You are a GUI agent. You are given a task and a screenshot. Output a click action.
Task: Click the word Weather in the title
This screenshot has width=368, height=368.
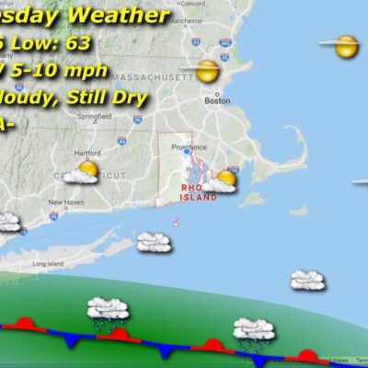click(128, 16)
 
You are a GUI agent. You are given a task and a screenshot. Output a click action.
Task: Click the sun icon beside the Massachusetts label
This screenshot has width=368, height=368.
click(207, 70)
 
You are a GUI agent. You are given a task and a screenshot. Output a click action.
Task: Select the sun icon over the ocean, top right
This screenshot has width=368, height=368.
click(345, 45)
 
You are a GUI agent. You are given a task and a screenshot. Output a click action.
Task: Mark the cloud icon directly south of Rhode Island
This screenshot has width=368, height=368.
click(154, 242)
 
